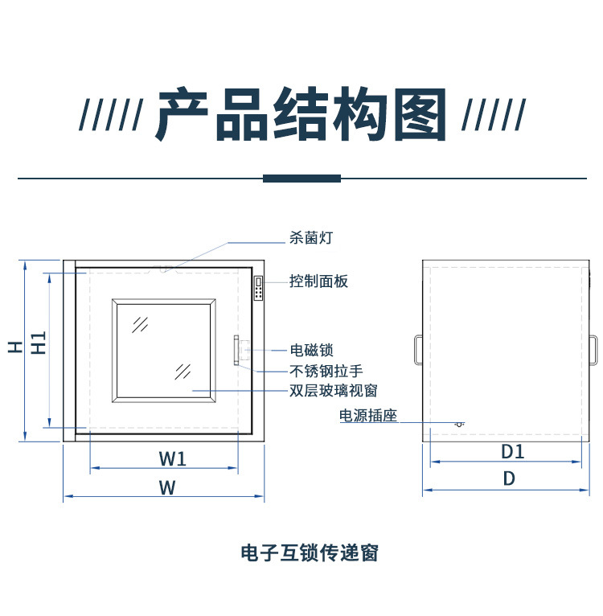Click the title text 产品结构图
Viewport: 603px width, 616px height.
pyautogui.click(x=301, y=115)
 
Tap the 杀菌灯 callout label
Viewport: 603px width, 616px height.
pyautogui.click(x=310, y=238)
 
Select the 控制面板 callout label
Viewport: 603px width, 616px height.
pyautogui.click(x=318, y=281)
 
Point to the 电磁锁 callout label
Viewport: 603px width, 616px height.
pyautogui.click(x=310, y=350)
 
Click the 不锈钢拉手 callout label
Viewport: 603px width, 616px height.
pyautogui.click(x=326, y=371)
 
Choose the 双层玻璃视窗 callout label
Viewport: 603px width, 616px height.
pyautogui.click(x=333, y=391)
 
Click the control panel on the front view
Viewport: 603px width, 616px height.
pyautogui.click(x=260, y=289)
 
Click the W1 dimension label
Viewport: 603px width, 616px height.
pyautogui.click(x=172, y=458)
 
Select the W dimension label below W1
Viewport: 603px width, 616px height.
pyautogui.click(x=166, y=488)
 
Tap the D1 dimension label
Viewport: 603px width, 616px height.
pyautogui.click(x=512, y=452)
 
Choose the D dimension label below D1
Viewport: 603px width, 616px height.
pyautogui.click(x=509, y=478)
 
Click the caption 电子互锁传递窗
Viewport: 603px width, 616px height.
pyautogui.click(x=309, y=553)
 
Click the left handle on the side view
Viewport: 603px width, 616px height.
pyautogui.click(x=419, y=349)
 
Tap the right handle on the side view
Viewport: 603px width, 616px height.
pyautogui.click(x=593, y=349)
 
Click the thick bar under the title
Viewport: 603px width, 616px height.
pyautogui.click(x=301, y=178)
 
